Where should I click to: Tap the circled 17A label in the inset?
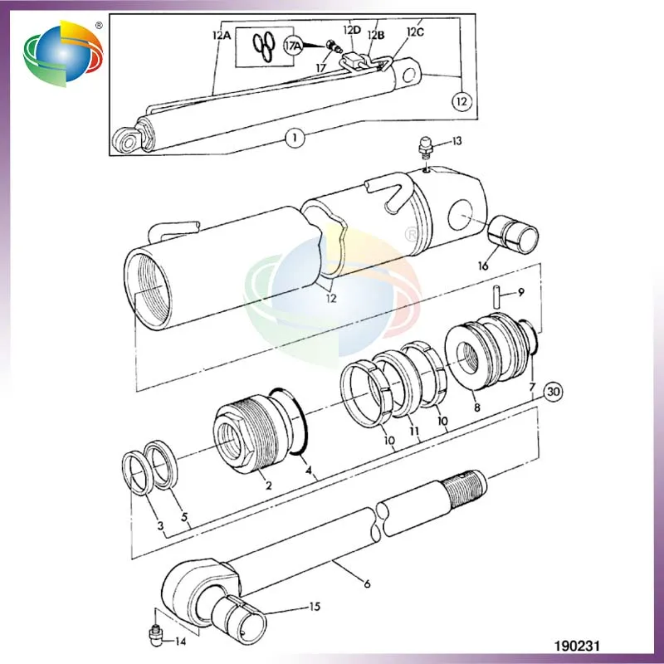[x=292, y=46]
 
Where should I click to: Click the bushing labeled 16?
[x=512, y=235]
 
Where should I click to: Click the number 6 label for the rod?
[x=366, y=583]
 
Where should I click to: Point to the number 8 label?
[x=476, y=408]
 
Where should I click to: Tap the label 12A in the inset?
[x=220, y=36]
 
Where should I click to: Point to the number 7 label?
[x=532, y=388]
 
